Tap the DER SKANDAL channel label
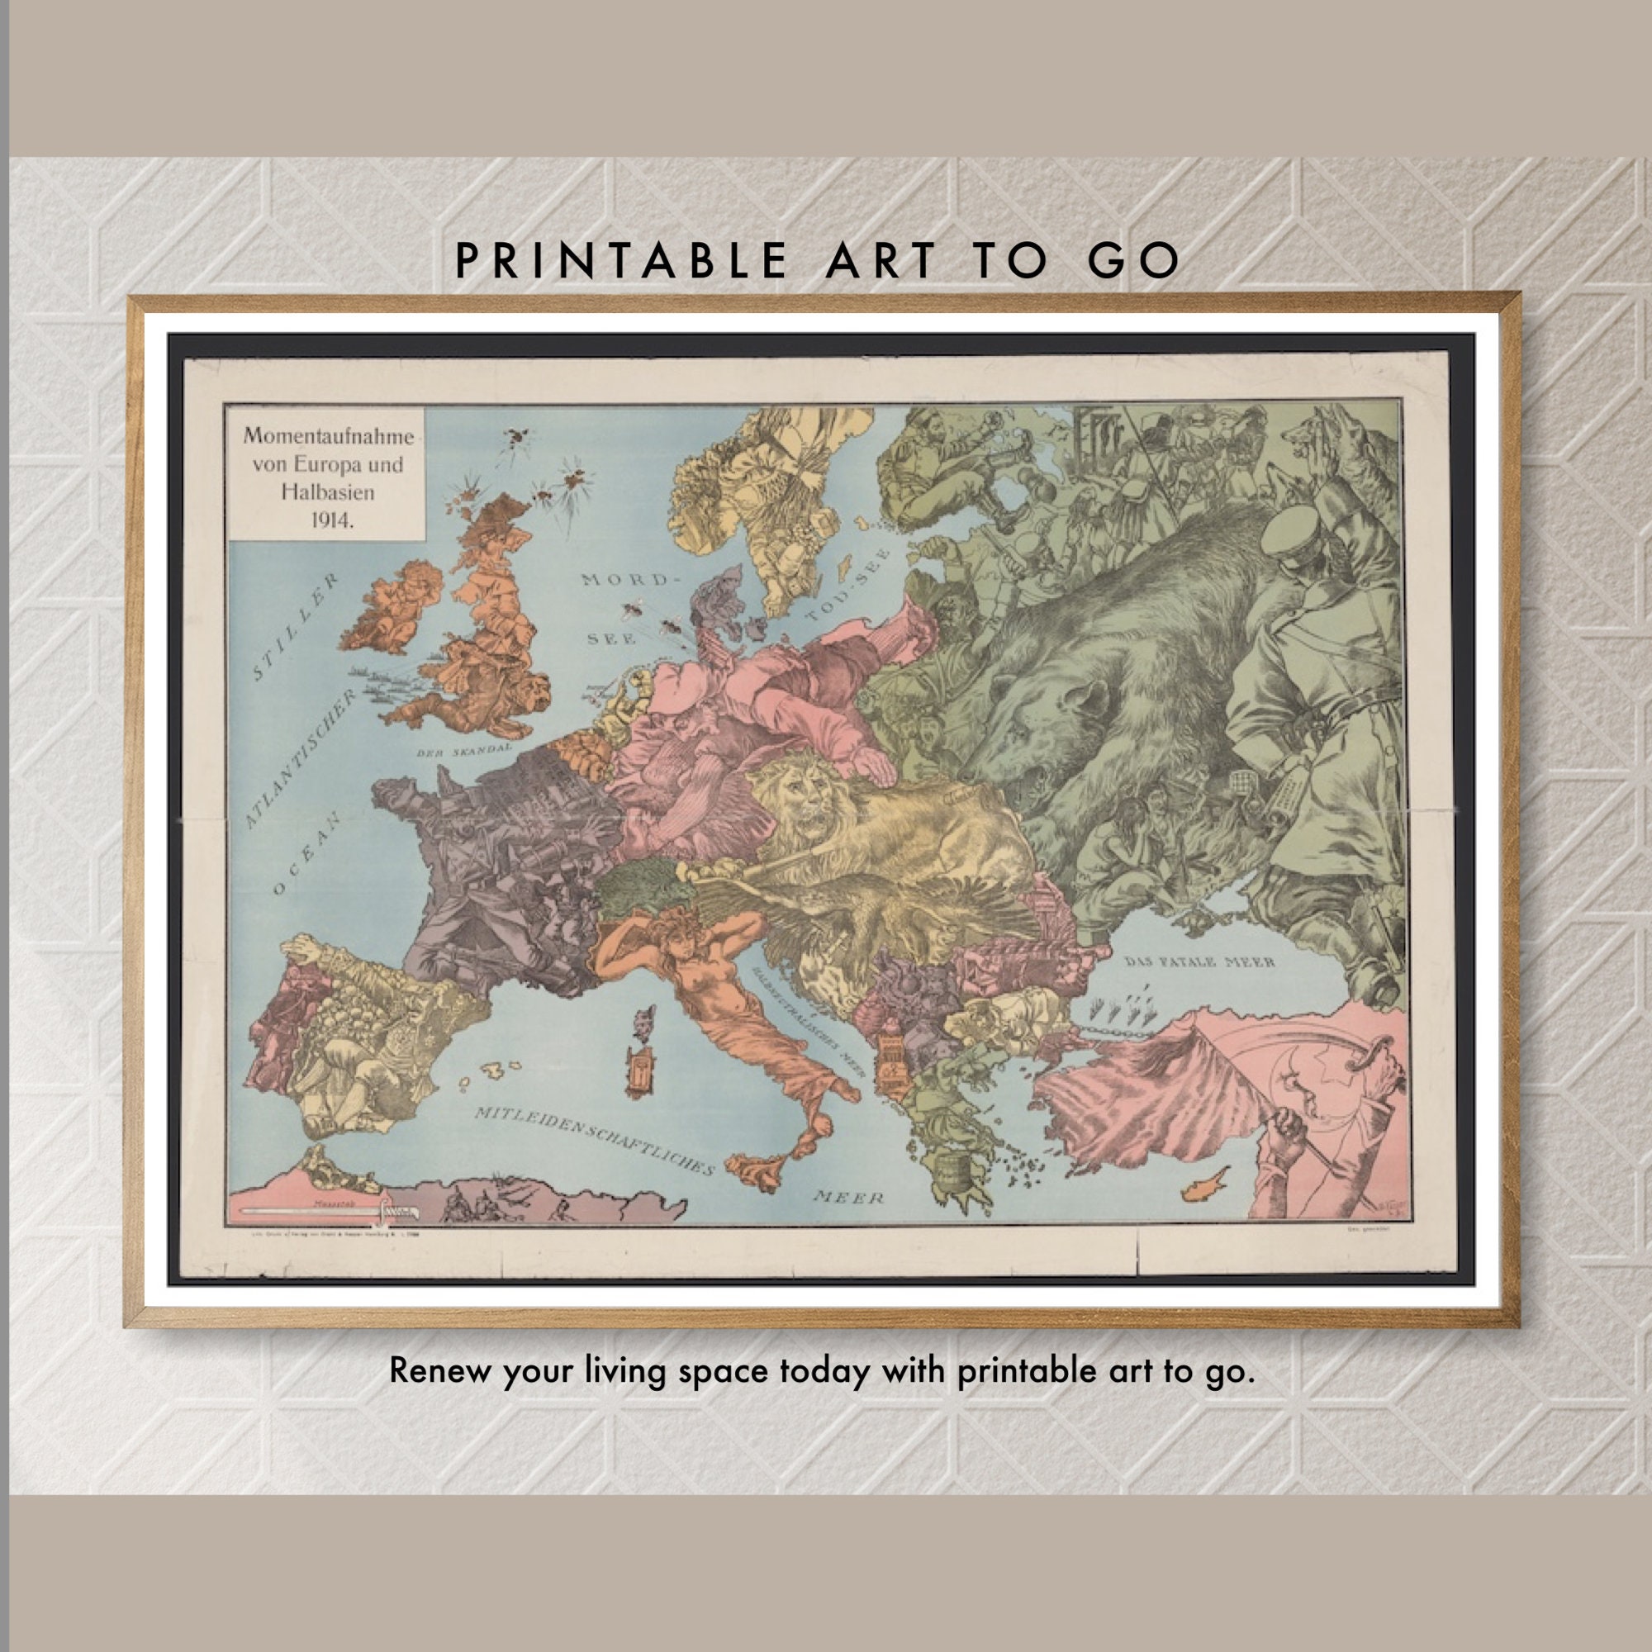coord(464,749)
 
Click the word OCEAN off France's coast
coord(307,851)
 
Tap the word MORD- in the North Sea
coord(624,581)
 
